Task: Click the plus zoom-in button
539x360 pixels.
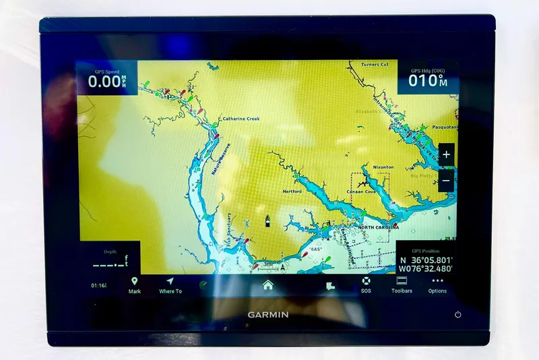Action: point(446,154)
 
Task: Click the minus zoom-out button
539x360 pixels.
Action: point(446,181)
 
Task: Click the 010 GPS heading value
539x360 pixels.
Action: point(423,82)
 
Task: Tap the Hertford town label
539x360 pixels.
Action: point(292,191)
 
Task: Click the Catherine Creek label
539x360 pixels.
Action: point(241,119)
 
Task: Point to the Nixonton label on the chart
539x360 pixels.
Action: point(383,167)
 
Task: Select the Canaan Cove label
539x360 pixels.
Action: point(361,191)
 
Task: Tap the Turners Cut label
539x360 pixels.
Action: point(375,64)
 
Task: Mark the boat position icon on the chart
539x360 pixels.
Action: point(268,220)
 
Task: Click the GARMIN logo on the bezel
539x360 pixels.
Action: point(268,314)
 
